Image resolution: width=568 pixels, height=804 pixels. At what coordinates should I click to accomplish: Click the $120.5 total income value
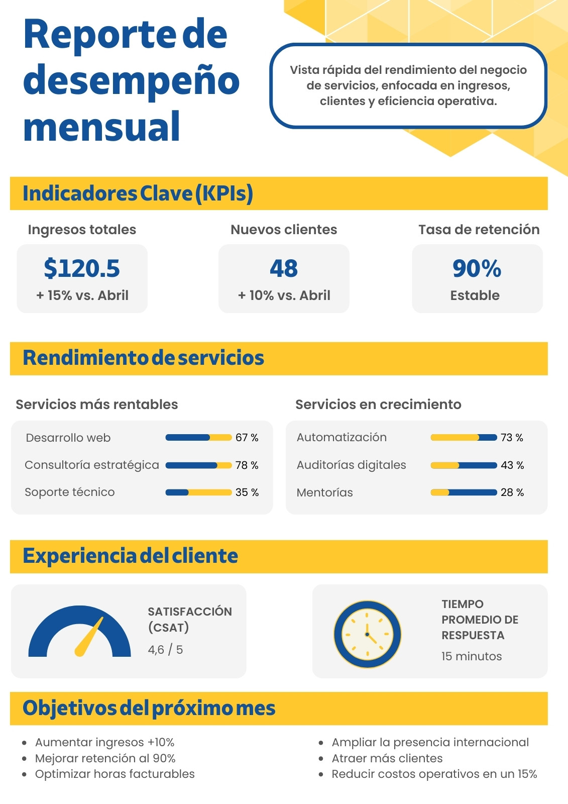click(82, 268)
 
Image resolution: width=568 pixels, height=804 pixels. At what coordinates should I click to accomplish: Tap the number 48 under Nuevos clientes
click(283, 268)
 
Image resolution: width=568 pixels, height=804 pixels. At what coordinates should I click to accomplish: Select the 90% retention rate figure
click(477, 268)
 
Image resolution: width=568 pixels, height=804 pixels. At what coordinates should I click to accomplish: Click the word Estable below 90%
click(475, 295)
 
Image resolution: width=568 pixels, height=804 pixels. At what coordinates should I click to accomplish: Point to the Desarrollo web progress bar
click(198, 438)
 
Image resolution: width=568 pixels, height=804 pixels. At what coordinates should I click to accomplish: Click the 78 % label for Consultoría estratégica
click(247, 465)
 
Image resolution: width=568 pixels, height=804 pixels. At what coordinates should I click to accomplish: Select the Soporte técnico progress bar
click(198, 492)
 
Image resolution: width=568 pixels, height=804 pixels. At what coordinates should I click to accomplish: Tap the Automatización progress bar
click(464, 437)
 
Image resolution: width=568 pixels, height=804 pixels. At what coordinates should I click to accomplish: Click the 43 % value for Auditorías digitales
click(512, 465)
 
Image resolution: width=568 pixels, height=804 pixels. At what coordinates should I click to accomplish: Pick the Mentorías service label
click(325, 492)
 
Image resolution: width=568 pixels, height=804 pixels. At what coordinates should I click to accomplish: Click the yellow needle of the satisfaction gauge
click(88, 637)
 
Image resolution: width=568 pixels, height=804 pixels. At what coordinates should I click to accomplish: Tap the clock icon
click(367, 634)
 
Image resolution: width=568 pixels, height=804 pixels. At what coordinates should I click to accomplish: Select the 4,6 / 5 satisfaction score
click(165, 650)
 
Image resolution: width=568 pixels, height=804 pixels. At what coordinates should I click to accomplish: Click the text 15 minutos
click(472, 656)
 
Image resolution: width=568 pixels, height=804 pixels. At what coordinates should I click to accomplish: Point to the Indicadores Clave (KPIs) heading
click(138, 194)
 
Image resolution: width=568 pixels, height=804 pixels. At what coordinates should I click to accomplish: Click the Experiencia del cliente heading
click(130, 556)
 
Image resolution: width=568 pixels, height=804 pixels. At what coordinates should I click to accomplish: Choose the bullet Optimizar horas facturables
click(115, 774)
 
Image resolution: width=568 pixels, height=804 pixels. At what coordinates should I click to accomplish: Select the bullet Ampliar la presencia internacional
click(430, 742)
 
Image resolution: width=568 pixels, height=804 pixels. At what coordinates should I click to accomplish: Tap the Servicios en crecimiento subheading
click(378, 404)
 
